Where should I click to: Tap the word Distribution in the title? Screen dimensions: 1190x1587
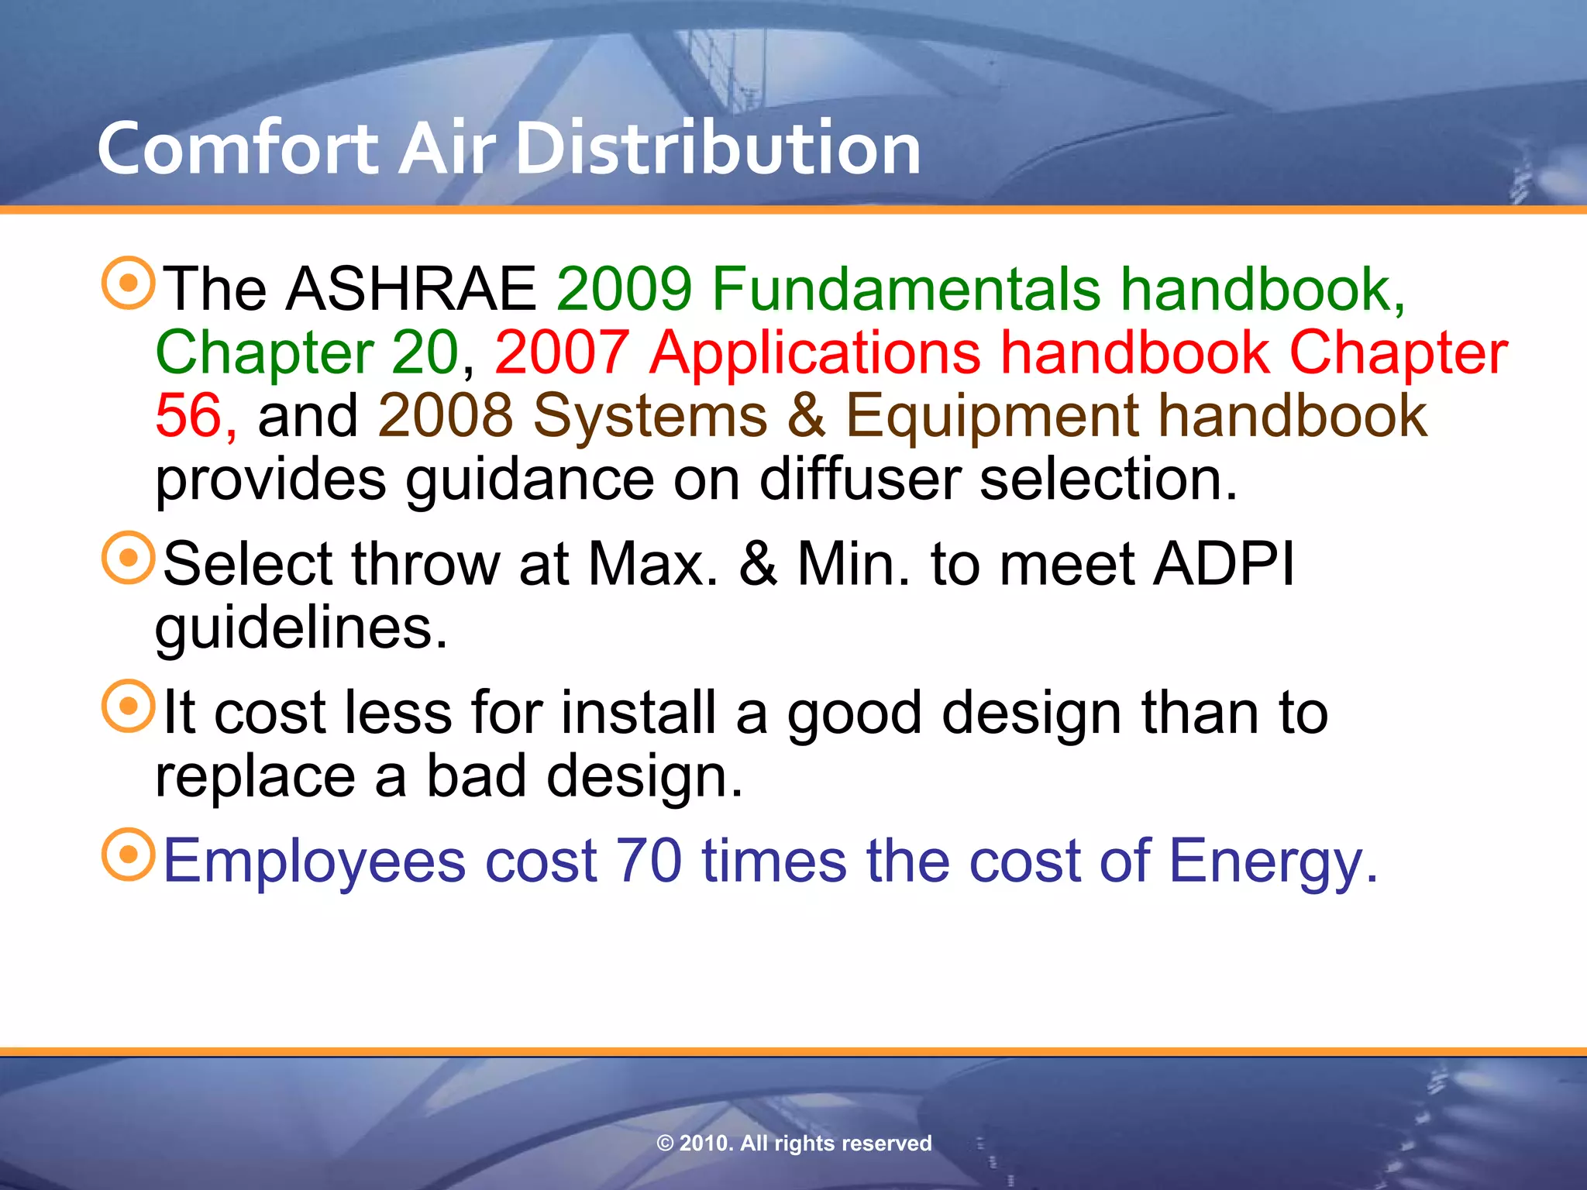tap(718, 149)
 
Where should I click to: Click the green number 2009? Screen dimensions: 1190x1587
tap(625, 289)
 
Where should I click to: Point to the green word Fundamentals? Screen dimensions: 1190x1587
tap(906, 289)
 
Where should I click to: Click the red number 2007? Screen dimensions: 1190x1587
tap(563, 353)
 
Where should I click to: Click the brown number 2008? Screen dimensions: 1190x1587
tap(446, 416)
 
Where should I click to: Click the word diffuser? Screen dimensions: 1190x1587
tap(859, 480)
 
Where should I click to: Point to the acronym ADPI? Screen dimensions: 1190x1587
tap(1224, 564)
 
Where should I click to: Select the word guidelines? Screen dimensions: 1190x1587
tap(301, 629)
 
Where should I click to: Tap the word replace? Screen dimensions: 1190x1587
tap(255, 777)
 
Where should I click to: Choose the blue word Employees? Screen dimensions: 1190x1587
tap(314, 862)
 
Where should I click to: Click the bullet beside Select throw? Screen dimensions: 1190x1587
tap(129, 558)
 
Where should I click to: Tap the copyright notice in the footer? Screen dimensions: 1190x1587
tap(793, 1143)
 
